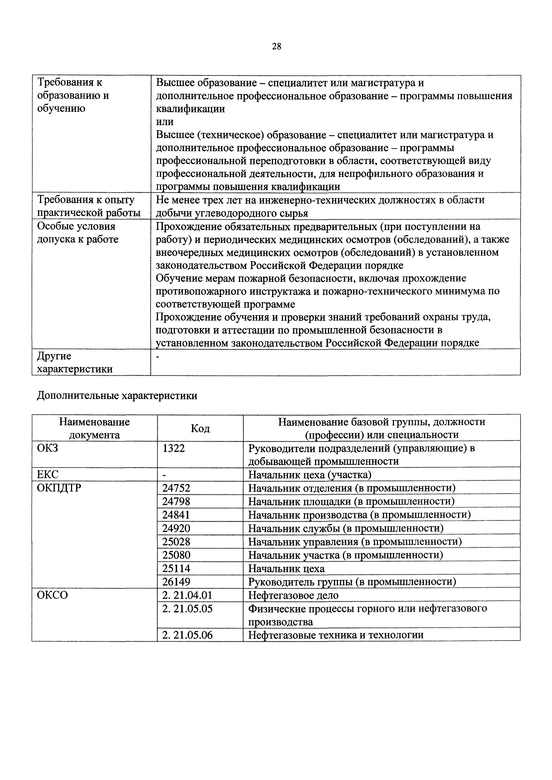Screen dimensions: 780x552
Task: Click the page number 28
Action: click(x=277, y=46)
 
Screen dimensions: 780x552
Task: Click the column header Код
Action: click(x=200, y=428)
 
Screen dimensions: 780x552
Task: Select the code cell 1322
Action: click(x=174, y=448)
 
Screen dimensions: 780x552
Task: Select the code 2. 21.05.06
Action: click(x=187, y=635)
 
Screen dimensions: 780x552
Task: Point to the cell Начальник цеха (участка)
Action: click(x=309, y=474)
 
